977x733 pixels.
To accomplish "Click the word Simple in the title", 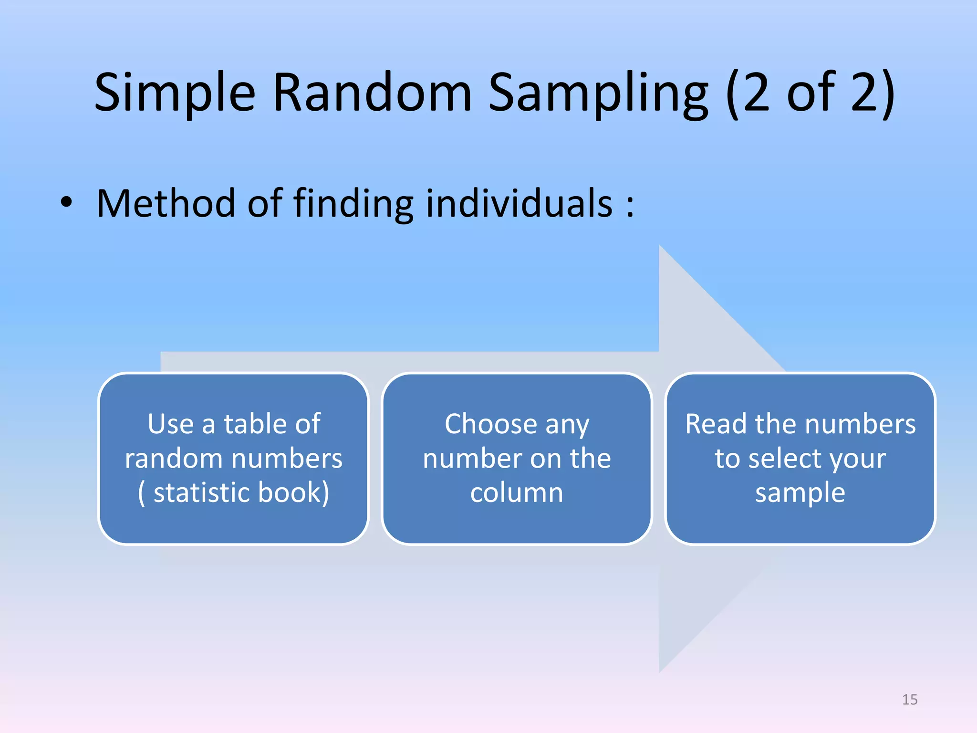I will click(175, 93).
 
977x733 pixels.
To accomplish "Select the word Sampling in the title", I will click(598, 93).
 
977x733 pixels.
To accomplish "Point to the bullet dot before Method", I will click(66, 203).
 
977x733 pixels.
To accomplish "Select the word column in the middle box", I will click(517, 492).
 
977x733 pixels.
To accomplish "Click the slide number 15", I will click(910, 700).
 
